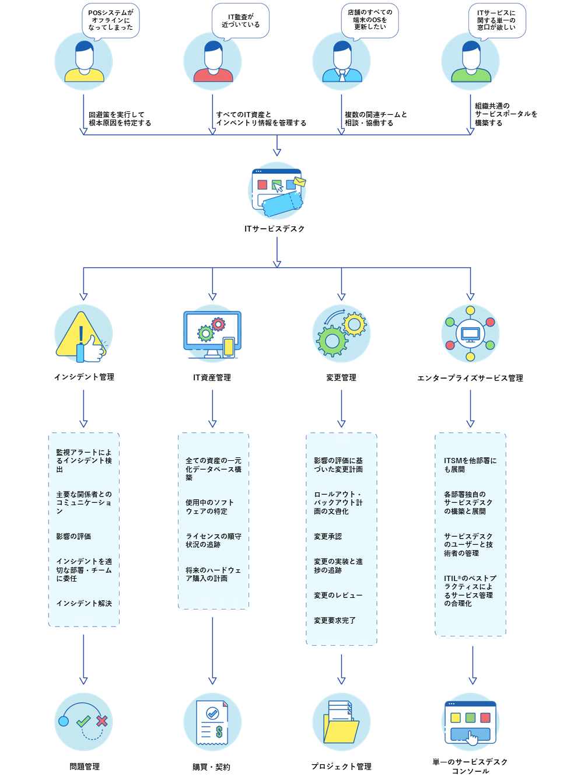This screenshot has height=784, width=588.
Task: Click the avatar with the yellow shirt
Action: [x=84, y=61]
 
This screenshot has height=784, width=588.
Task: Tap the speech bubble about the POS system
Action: [x=111, y=20]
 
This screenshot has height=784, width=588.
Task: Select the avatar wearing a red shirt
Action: [x=213, y=61]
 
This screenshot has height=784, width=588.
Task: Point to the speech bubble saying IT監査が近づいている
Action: [x=240, y=21]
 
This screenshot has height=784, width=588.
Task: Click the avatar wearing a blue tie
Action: [x=342, y=61]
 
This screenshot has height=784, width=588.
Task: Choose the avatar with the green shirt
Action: [x=471, y=61]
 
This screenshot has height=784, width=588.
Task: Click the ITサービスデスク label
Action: [x=275, y=229]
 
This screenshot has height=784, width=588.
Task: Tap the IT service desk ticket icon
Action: [x=277, y=190]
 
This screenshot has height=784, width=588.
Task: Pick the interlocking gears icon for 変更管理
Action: [x=342, y=334]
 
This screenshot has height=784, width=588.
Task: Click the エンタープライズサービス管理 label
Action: [x=470, y=378]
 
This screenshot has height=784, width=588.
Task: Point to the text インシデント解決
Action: [x=84, y=604]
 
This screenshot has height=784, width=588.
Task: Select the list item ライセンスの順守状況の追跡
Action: [x=213, y=541]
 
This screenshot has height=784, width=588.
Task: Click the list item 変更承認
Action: [x=328, y=537]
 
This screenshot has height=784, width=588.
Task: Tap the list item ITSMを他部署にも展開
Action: [x=470, y=465]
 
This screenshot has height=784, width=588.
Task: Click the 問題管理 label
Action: [x=85, y=766]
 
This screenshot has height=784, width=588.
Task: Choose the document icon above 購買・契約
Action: [x=212, y=722]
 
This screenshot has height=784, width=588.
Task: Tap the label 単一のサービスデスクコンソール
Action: [x=470, y=766]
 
